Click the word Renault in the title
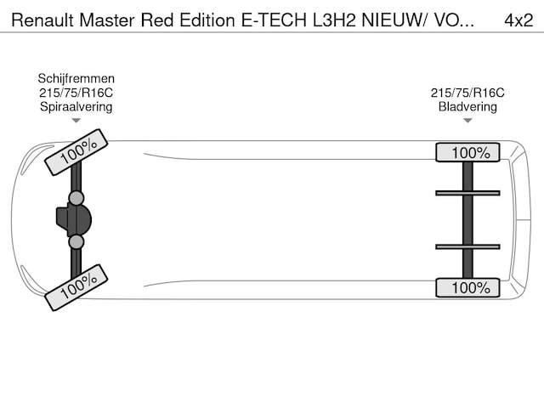(x=41, y=19)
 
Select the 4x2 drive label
(x=518, y=19)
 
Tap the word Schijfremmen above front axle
(x=76, y=78)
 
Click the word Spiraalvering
(x=76, y=106)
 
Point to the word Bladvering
(x=467, y=106)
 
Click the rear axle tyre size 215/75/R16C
(x=467, y=93)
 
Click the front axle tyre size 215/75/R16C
(x=76, y=93)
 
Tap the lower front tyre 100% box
(x=76, y=287)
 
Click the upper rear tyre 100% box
(x=467, y=153)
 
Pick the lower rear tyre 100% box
(x=467, y=288)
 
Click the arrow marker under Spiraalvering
(x=76, y=121)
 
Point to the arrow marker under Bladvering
(x=467, y=121)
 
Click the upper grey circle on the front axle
(x=76, y=199)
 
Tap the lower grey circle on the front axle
(x=76, y=242)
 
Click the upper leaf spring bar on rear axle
(x=467, y=193)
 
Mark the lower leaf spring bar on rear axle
(x=467, y=247)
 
